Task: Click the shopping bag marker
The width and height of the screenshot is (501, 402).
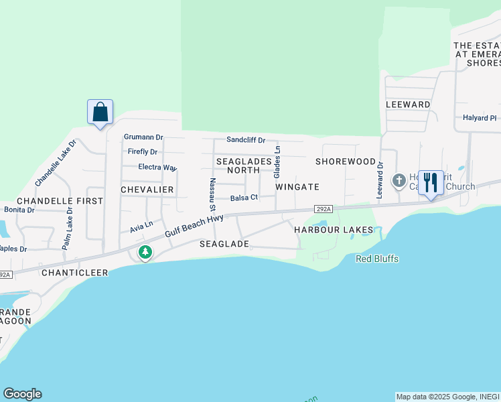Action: click(x=100, y=111)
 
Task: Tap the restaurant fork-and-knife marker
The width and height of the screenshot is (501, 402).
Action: click(x=430, y=182)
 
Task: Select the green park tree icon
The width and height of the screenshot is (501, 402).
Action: click(x=145, y=253)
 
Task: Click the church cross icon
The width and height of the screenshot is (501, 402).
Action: click(x=399, y=180)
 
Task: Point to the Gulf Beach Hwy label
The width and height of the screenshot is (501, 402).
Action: click(x=194, y=226)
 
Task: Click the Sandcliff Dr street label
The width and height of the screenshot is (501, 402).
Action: click(x=246, y=140)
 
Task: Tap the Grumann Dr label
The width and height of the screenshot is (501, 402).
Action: click(x=143, y=137)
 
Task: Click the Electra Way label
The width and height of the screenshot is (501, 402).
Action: click(x=157, y=167)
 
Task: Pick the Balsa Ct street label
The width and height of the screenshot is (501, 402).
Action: click(x=244, y=198)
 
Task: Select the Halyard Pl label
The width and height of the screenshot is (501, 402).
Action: click(x=480, y=118)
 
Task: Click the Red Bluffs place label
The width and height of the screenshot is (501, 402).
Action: click(x=377, y=259)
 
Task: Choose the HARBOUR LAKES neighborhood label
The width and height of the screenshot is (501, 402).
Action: click(x=334, y=230)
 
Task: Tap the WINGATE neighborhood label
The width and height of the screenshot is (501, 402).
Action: click(x=297, y=187)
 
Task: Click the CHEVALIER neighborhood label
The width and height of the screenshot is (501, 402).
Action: click(x=147, y=190)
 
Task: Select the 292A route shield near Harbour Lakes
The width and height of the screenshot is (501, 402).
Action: click(x=322, y=210)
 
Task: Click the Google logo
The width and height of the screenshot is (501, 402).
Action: click(x=22, y=394)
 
